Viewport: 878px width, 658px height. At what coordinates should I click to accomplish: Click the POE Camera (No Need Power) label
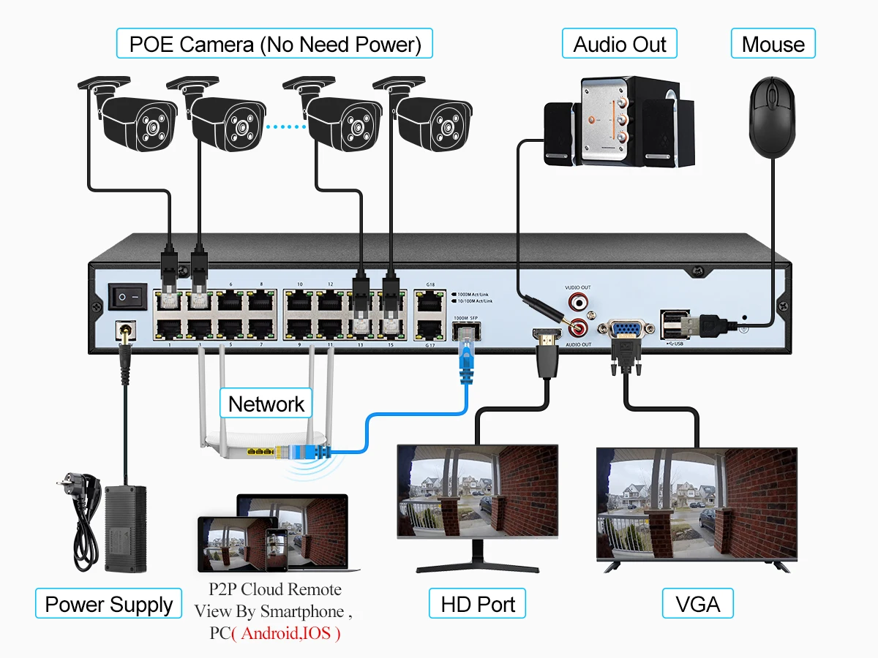[x=274, y=44]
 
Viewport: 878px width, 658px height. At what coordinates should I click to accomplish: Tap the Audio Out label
[x=619, y=44]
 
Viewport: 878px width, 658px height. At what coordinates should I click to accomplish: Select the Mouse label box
[x=773, y=44]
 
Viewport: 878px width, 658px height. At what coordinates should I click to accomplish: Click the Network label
[x=266, y=404]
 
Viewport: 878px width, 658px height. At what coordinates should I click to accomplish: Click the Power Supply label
[x=108, y=604]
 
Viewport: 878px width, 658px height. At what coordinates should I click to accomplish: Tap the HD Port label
[x=477, y=604]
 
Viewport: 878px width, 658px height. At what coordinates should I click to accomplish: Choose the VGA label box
[x=697, y=604]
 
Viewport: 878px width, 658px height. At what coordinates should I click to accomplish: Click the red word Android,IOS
[x=286, y=633]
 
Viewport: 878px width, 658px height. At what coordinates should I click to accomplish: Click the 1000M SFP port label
[x=465, y=318]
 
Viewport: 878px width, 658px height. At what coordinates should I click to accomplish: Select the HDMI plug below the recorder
[x=547, y=351]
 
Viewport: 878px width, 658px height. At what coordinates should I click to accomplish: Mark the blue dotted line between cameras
[x=285, y=127]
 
